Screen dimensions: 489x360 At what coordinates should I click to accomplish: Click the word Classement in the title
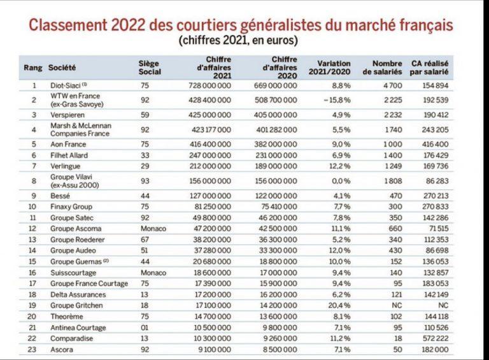pyautogui.click(x=67, y=25)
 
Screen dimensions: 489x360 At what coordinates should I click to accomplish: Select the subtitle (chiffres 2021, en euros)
pyautogui.click(x=238, y=41)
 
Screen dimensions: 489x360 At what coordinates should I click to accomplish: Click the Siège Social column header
pyautogui.click(x=150, y=68)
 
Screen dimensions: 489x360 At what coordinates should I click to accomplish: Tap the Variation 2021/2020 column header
pyautogui.click(x=330, y=68)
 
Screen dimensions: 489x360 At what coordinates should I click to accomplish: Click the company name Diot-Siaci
pyautogui.click(x=66, y=85)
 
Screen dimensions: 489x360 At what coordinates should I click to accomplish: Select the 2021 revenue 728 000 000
pyautogui.click(x=210, y=85)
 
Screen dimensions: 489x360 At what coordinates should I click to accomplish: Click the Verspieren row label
pyautogui.click(x=67, y=115)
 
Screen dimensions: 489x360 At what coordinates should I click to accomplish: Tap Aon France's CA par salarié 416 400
pyautogui.click(x=436, y=144)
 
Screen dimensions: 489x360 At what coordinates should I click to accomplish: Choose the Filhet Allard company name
pyautogui.click(x=69, y=155)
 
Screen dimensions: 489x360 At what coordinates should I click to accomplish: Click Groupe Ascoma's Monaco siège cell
pyautogui.click(x=153, y=229)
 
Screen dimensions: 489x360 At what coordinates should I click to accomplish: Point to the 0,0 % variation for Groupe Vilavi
pyautogui.click(x=341, y=181)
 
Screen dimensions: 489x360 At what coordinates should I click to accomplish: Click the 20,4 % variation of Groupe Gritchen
pyautogui.click(x=339, y=305)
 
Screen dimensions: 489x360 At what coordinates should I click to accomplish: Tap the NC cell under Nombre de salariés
pyautogui.click(x=397, y=305)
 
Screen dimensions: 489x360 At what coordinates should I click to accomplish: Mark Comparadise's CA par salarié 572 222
pyautogui.click(x=436, y=338)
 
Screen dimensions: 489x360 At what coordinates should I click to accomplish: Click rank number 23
pyautogui.click(x=32, y=349)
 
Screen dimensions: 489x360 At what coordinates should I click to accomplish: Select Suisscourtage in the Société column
pyautogui.click(x=73, y=273)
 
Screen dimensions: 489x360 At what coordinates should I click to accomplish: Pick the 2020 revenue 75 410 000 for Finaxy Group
pyautogui.click(x=279, y=207)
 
